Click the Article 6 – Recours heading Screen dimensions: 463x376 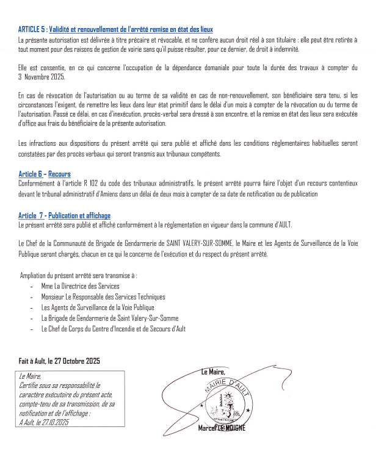coord(45,174)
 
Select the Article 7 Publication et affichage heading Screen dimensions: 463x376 coord(64,215)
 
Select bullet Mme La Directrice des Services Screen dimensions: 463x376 coord(80,286)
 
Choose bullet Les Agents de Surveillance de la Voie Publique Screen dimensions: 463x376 coord(98,307)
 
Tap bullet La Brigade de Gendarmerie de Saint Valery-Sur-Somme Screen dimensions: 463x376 coord(109,318)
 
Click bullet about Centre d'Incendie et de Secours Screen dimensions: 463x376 coord(113,329)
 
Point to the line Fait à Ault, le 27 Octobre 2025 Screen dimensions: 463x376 coord(59,361)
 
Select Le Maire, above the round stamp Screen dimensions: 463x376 coord(212,371)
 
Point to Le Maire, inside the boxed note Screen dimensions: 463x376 coord(30,377)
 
